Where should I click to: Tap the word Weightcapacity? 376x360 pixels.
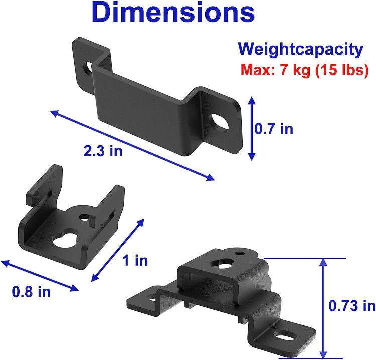coord(300,49)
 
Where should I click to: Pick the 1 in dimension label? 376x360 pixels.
coord(135,260)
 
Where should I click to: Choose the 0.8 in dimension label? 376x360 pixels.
coord(31,292)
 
